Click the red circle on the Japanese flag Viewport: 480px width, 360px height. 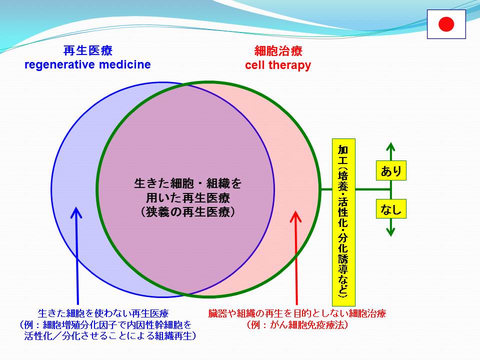coord(446,24)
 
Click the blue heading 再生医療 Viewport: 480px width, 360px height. coord(88,50)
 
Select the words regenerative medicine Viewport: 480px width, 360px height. coord(87,64)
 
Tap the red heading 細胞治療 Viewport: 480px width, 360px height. coord(278,51)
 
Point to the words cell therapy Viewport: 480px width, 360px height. coord(278,65)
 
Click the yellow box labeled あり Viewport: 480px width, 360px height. coord(391,170)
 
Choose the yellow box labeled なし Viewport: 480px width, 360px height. coord(391,209)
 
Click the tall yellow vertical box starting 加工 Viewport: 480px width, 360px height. coord(343,222)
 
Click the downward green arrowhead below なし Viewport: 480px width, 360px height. coord(390,231)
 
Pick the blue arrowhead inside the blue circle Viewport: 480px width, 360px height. coord(76,212)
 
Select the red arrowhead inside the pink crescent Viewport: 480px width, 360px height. coord(295,216)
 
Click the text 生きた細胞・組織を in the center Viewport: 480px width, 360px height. coord(188,183)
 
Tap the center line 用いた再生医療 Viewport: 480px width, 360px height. coord(188,198)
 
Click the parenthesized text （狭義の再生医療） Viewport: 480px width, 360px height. coord(188,212)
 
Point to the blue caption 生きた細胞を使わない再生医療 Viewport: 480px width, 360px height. coord(103,313)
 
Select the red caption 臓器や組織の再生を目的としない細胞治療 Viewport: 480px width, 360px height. coord(297,313)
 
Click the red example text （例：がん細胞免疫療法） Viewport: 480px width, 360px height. coord(297,325)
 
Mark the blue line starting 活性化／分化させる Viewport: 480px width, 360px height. coord(110,336)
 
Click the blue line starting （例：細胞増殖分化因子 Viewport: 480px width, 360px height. coord(105,325)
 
